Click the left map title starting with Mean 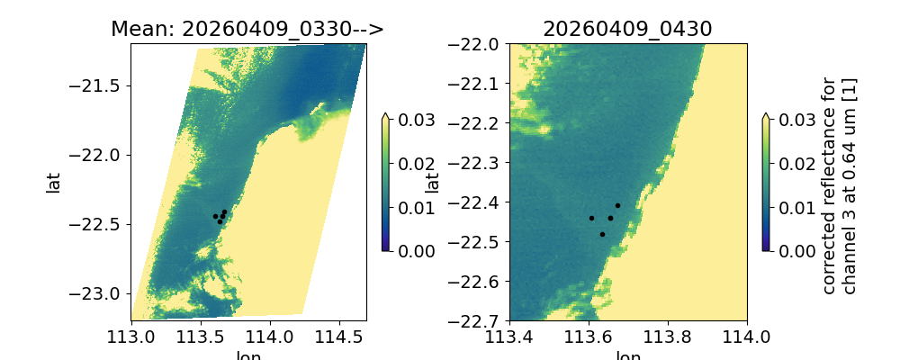[247, 29]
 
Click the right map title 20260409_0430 [627, 29]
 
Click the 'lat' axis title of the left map [54, 183]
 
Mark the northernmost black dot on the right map [617, 205]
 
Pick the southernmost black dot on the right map [602, 234]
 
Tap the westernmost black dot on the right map [591, 218]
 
